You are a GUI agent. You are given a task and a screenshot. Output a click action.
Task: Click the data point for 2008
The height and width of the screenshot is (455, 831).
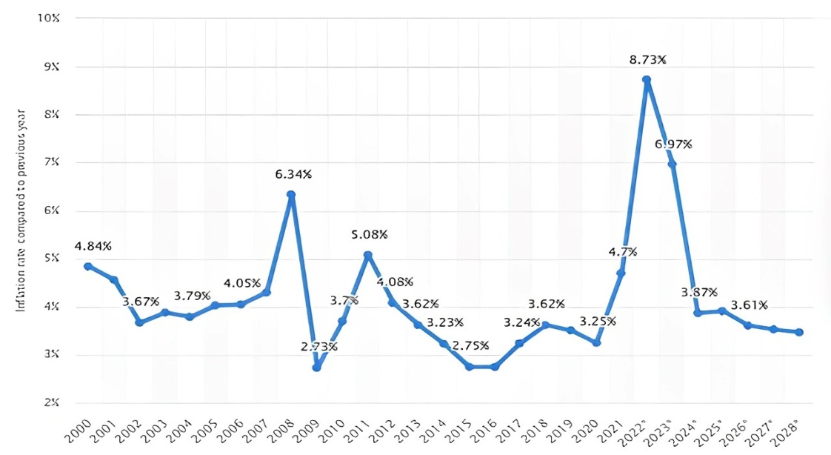point(291,195)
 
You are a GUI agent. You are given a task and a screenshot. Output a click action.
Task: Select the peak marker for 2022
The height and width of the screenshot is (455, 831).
point(647,79)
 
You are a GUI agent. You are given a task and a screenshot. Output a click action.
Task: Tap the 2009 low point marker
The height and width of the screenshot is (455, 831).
point(317,367)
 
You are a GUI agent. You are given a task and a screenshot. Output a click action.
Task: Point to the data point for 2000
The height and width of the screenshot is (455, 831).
point(87,266)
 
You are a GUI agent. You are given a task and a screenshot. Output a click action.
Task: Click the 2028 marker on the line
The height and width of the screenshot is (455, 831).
point(799,332)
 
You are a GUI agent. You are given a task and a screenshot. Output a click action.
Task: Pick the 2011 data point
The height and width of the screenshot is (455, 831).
point(367,255)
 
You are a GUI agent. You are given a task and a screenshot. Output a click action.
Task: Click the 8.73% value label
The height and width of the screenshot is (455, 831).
point(647,59)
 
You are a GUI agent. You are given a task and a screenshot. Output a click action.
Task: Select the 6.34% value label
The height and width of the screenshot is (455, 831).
point(294,175)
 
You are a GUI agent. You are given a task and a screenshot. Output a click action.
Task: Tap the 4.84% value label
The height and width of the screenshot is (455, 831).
point(93,246)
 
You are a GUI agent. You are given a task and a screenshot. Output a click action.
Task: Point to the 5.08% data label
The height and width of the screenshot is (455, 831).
point(369,235)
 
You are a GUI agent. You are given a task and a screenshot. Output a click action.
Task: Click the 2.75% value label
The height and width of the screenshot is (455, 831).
point(470,346)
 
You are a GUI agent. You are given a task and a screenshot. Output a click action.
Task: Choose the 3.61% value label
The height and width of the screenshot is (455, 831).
point(749,305)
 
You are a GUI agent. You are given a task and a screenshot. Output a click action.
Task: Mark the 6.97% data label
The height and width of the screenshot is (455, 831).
point(673,144)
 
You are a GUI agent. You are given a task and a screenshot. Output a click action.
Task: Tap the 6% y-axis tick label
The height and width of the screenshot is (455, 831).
point(49,210)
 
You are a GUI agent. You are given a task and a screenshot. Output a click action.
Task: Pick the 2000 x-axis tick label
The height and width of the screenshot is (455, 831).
point(77,432)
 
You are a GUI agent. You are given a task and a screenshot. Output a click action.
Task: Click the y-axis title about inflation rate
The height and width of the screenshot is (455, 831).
point(21,210)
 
